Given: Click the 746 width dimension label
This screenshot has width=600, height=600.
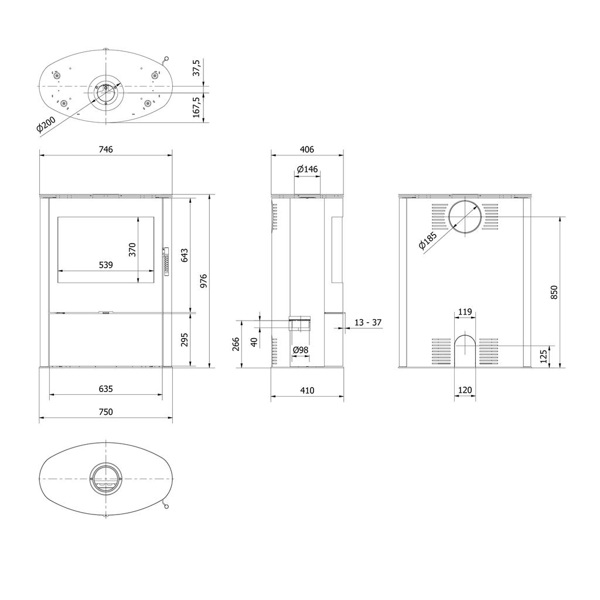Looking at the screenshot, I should click(105, 149).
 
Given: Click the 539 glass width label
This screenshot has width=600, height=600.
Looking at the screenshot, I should click(105, 265).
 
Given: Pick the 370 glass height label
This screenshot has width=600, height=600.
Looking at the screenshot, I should click(132, 250).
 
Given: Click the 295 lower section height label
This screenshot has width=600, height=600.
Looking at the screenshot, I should click(185, 340).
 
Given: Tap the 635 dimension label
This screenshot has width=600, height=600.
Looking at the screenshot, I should click(105, 388).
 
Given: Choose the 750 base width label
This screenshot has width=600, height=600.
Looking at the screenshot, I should click(105, 412).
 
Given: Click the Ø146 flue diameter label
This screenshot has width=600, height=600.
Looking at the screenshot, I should click(307, 169).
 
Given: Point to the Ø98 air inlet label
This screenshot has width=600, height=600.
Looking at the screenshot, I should click(301, 350).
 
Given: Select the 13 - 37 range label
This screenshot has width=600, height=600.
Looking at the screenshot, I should click(369, 323).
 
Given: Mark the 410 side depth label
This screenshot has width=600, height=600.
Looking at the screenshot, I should click(307, 391).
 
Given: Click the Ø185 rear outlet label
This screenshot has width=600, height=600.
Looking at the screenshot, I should click(429, 241).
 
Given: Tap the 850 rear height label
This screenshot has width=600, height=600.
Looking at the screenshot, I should click(554, 292).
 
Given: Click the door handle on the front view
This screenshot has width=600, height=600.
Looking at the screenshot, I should click(165, 261).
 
